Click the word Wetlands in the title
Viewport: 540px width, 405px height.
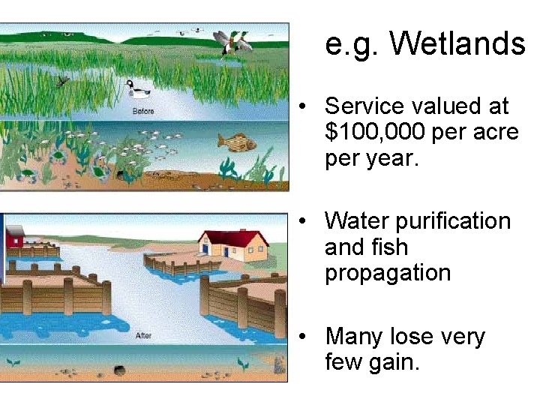click(457, 43)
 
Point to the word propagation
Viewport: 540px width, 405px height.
click(388, 273)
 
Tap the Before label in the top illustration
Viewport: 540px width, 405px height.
click(142, 111)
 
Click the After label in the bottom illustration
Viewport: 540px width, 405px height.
click(143, 336)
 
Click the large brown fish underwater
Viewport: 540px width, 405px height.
click(237, 141)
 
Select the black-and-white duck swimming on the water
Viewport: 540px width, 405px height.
click(137, 88)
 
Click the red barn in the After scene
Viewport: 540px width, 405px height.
click(15, 237)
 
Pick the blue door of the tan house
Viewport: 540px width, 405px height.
click(225, 253)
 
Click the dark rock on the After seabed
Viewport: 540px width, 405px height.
click(119, 370)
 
